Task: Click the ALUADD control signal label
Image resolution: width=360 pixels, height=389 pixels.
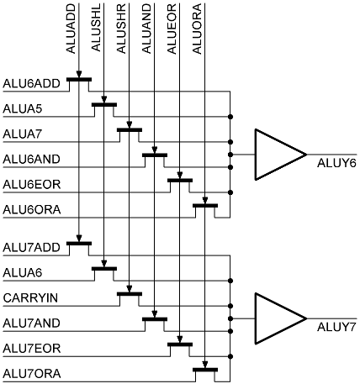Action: (x=71, y=29)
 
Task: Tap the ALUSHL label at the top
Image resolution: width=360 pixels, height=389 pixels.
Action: (x=96, y=28)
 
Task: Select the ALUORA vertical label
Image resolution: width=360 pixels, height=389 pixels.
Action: (x=197, y=29)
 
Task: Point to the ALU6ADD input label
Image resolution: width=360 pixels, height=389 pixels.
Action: (x=31, y=83)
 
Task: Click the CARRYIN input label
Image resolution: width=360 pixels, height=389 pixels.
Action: (x=30, y=297)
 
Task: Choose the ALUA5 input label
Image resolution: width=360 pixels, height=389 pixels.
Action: (x=23, y=108)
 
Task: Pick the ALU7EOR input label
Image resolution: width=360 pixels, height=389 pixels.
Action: (x=32, y=349)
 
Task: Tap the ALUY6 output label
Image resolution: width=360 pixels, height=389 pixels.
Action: (x=336, y=163)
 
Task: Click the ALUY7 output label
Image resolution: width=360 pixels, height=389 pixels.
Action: (x=336, y=327)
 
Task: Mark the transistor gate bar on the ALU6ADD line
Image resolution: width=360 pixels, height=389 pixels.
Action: (x=79, y=80)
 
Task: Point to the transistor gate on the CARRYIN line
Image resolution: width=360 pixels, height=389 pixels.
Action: (x=130, y=294)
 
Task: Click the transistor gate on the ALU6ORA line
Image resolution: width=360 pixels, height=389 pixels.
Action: (x=205, y=206)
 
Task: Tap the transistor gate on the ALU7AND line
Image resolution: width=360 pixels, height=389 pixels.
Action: (x=155, y=319)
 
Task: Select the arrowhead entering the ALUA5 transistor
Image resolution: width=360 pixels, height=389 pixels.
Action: (x=104, y=99)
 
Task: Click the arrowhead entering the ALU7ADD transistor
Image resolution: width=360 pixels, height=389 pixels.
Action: (x=79, y=238)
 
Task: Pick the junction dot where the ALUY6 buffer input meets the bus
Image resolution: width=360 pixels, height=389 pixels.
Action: (x=230, y=155)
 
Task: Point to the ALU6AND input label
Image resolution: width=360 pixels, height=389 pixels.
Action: (x=32, y=159)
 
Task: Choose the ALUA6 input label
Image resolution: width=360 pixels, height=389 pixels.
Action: (x=23, y=272)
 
